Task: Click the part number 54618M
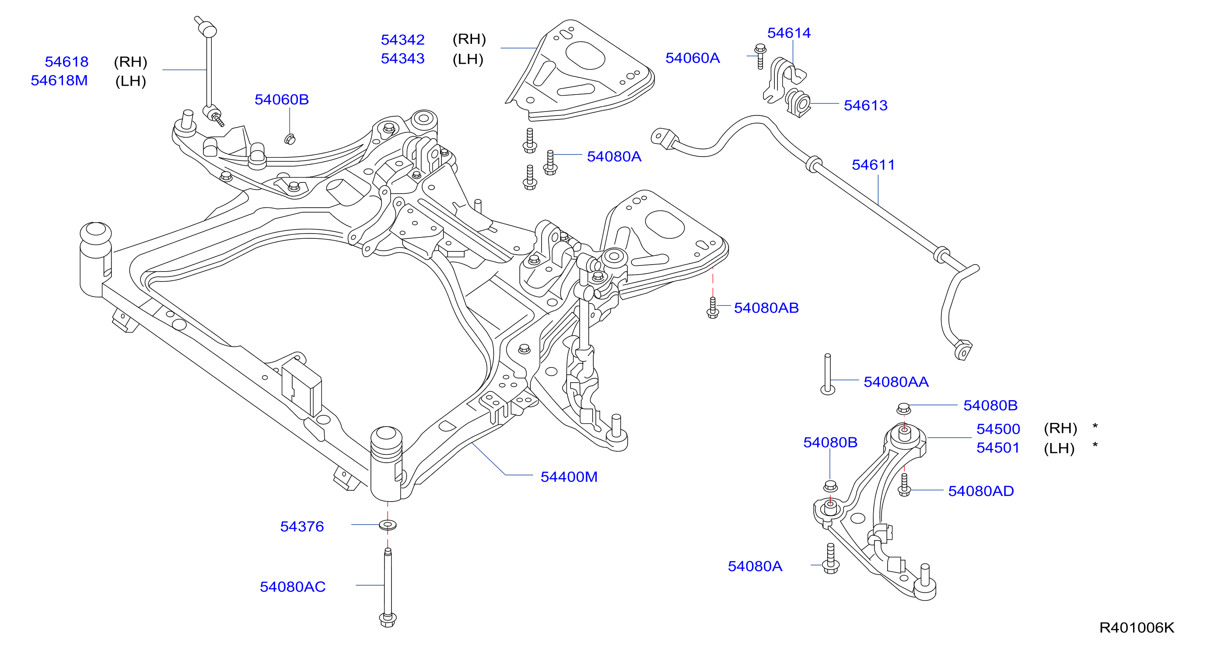click(59, 80)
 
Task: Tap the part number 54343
click(402, 58)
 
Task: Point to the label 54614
click(789, 33)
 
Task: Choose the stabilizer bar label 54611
click(873, 165)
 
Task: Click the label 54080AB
click(766, 308)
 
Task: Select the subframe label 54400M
click(569, 477)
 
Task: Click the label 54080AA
click(896, 382)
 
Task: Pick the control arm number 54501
click(998, 448)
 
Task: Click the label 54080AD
click(981, 491)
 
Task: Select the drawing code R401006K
click(1137, 628)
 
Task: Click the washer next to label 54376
click(388, 525)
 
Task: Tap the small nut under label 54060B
click(290, 139)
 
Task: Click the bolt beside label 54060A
click(760, 56)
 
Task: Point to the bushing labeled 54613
click(799, 103)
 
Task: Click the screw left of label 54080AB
click(712, 307)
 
